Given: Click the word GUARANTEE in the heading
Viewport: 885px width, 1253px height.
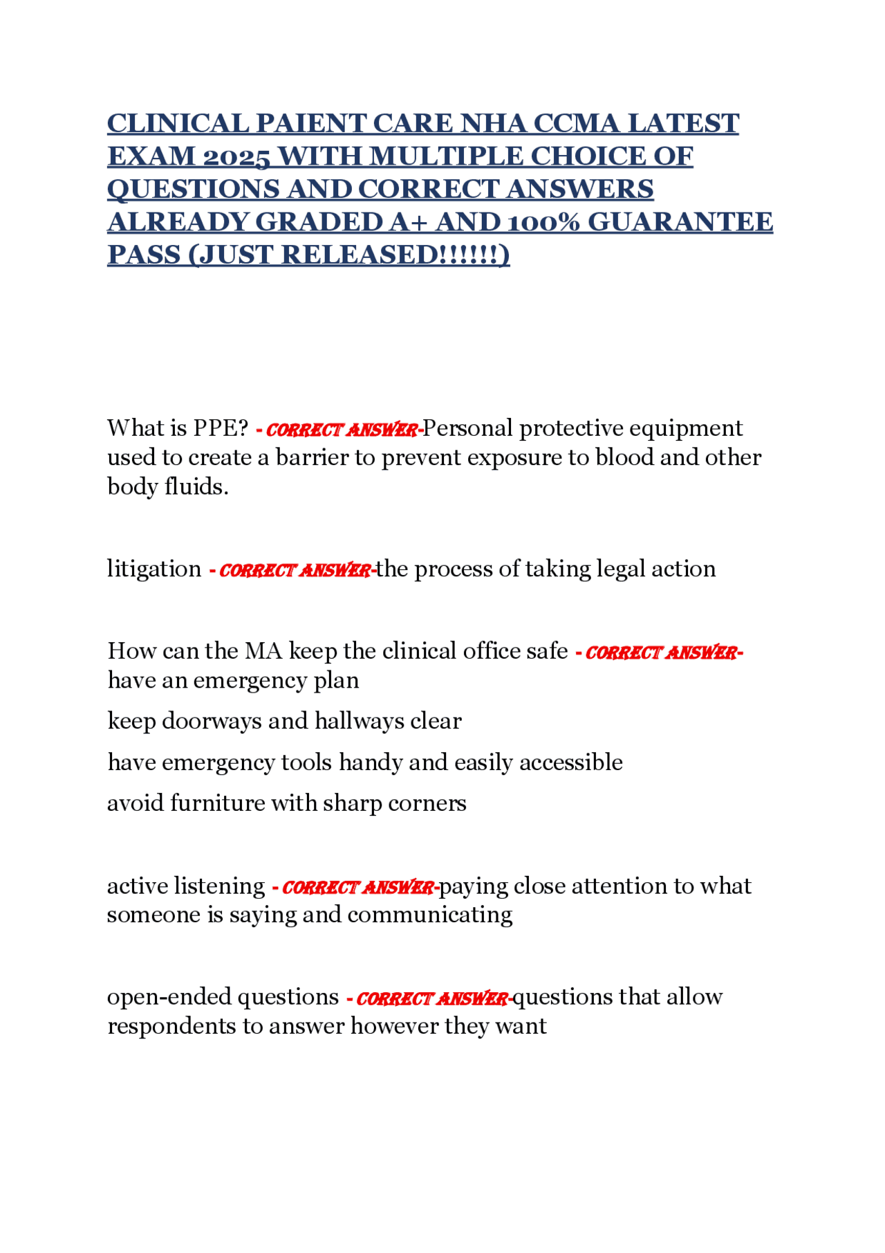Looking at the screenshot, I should pyautogui.click(x=680, y=223).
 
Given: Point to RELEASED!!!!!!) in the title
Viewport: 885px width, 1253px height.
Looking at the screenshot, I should pyautogui.click(x=395, y=255).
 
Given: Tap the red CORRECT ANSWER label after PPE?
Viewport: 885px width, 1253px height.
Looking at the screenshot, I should pyautogui.click(x=342, y=430).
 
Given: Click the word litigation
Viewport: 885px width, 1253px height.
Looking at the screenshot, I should pyautogui.click(x=154, y=569).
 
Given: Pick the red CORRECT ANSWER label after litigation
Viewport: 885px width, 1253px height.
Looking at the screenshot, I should pyautogui.click(x=295, y=571).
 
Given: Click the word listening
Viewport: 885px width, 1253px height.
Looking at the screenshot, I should pyautogui.click(x=219, y=886).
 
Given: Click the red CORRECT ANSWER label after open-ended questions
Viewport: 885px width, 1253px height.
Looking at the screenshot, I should pyautogui.click(x=431, y=999).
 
